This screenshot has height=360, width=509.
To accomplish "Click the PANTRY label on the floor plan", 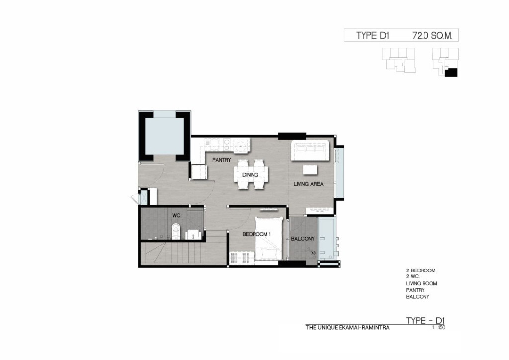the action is (221, 160).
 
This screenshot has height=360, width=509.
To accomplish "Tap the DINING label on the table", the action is (250, 175).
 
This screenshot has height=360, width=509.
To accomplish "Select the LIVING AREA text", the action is (308, 184).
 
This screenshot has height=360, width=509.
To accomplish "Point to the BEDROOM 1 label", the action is (256, 234).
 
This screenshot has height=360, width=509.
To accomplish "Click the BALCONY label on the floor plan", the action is (303, 239).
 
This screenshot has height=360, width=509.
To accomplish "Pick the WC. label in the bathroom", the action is (177, 215).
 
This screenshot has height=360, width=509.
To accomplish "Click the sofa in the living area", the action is (310, 150).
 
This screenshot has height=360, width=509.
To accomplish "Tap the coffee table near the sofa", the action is (310, 170).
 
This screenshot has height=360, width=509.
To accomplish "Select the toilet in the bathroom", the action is (175, 231).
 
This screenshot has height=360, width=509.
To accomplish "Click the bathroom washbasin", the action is (193, 234).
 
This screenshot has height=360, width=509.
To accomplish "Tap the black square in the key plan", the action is (451, 73).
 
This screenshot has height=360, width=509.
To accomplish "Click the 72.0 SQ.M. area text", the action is (432, 36).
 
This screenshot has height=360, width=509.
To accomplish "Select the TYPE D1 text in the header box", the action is (373, 36).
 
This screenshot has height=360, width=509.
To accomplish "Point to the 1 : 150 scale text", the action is (439, 328).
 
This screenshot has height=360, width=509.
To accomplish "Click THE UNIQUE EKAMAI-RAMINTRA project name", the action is (347, 328).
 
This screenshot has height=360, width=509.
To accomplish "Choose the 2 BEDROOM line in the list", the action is (421, 270).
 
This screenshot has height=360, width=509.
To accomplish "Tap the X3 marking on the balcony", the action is (313, 253).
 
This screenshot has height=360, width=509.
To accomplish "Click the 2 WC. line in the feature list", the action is (412, 277).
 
